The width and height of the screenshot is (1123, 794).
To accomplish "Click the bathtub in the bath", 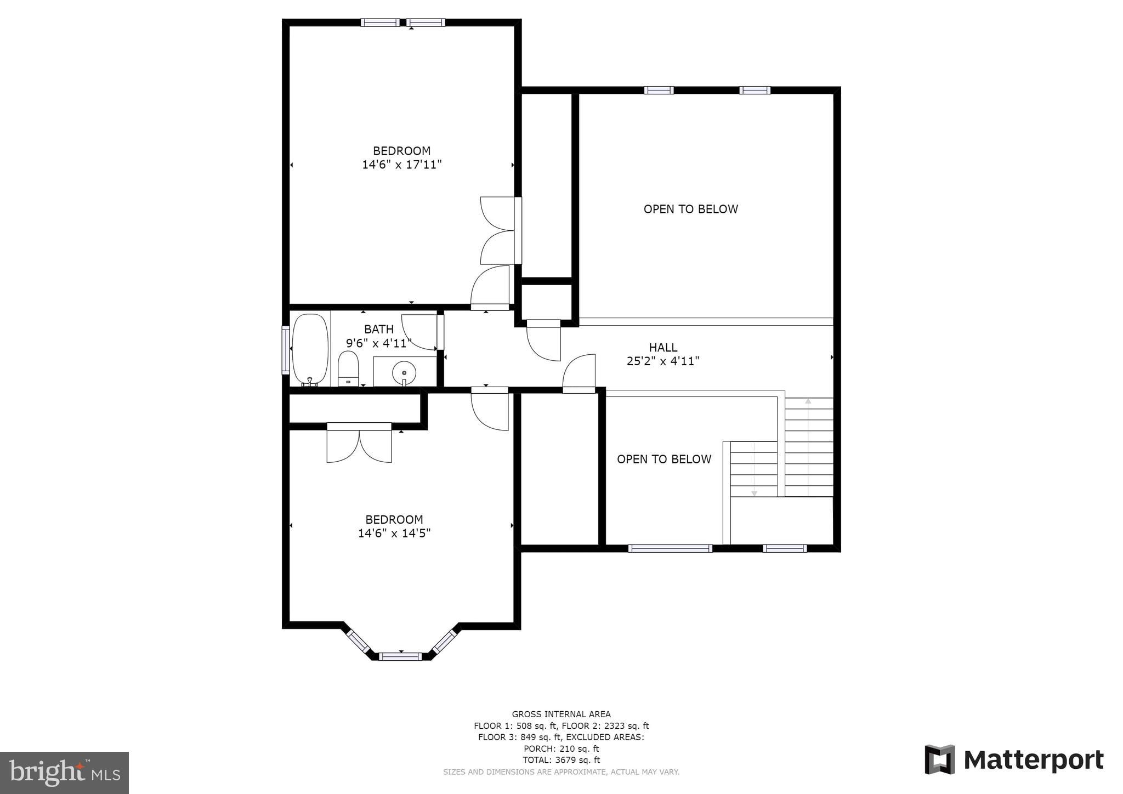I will (x=310, y=349).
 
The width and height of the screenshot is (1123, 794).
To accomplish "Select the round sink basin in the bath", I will (x=404, y=373).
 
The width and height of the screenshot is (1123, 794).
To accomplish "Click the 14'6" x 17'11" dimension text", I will (x=402, y=165).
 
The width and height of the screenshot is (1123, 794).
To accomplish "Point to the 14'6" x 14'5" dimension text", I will (x=394, y=533).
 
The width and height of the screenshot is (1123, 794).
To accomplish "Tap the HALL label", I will (x=663, y=347).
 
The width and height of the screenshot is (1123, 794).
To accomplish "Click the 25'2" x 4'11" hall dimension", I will (x=663, y=361).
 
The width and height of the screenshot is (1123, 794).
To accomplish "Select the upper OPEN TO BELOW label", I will (x=690, y=209).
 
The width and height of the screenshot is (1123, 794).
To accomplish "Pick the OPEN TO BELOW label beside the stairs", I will (x=663, y=459).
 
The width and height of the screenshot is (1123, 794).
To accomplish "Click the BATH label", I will (x=379, y=329).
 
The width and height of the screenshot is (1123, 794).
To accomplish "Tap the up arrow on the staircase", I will (x=808, y=402).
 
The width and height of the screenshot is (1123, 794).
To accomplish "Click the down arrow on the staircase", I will (x=754, y=493).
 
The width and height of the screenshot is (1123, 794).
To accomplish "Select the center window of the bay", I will (x=400, y=656).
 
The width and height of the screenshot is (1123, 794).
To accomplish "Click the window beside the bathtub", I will (x=286, y=350).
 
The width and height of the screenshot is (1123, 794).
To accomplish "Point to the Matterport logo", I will (x=1014, y=760).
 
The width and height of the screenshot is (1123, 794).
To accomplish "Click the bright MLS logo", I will (x=64, y=773).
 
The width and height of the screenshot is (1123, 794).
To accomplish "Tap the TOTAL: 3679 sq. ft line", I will (x=561, y=760).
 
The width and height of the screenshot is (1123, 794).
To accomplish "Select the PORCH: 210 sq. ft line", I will (x=561, y=748).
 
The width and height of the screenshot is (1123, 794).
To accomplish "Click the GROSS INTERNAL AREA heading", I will (x=561, y=714).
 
